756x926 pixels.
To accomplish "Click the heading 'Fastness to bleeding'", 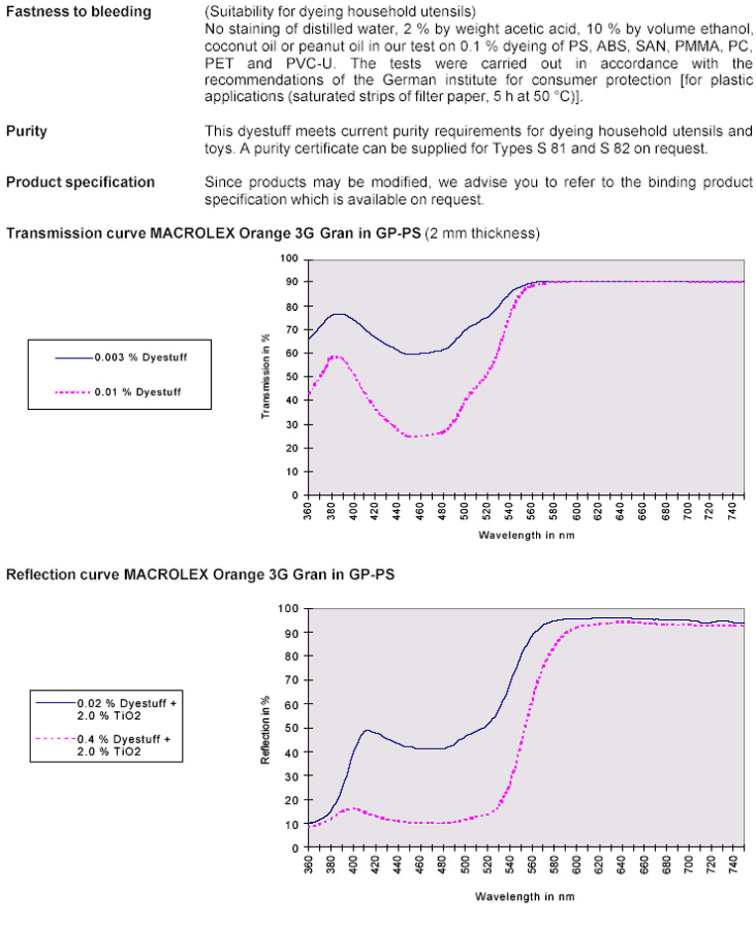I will click(x=79, y=12).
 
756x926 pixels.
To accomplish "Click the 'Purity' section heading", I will click(x=27, y=131).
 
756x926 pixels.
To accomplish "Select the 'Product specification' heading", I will click(x=80, y=182).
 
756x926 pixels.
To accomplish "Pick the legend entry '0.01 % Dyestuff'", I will click(x=135, y=392).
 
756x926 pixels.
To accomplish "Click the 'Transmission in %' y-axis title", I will click(x=267, y=375).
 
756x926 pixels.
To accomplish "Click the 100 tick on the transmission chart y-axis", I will click(x=290, y=258).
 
